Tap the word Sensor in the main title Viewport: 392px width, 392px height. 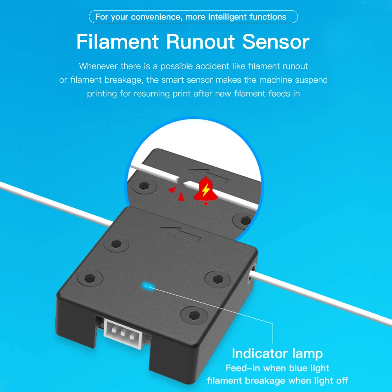pos(276,42)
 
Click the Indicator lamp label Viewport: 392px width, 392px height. pos(277,354)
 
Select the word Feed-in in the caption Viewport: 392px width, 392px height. pos(243,368)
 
